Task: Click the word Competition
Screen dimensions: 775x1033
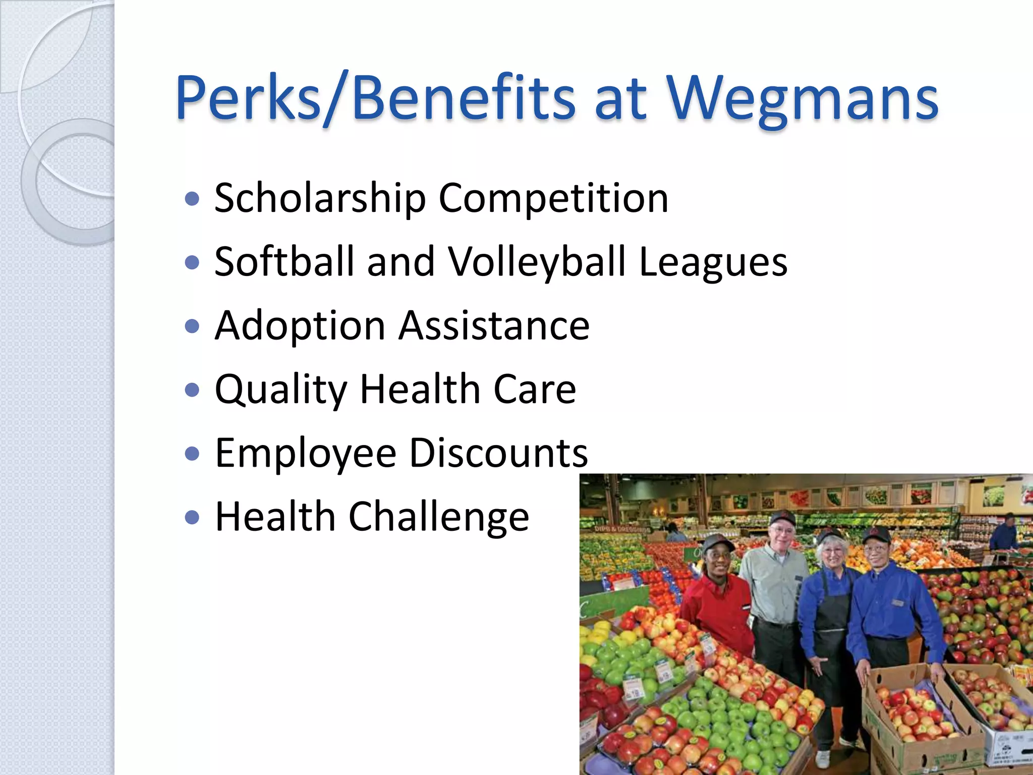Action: click(x=553, y=198)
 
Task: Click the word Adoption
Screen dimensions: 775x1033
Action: click(x=300, y=326)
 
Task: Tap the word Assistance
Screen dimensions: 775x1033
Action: click(x=494, y=326)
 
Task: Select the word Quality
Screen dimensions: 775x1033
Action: click(x=281, y=390)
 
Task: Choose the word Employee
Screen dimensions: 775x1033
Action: click(x=306, y=453)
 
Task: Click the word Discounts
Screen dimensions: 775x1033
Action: click(x=498, y=453)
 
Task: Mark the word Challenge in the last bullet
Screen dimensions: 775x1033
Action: click(x=438, y=517)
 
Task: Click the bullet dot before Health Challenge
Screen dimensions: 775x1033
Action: click(x=192, y=517)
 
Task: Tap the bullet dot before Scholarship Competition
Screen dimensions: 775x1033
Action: click(x=192, y=199)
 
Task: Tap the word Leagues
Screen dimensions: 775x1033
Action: click(x=713, y=262)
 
